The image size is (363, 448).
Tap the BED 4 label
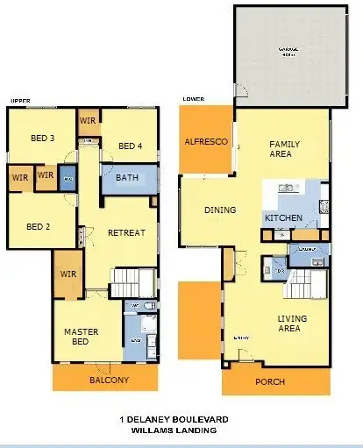click(130, 146)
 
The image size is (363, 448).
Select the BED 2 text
click(38, 225)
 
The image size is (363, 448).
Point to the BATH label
click(127, 178)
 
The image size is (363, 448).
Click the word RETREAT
click(126, 233)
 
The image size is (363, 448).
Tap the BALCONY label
click(110, 380)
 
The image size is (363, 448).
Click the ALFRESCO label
click(206, 142)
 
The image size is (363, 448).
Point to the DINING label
click(220, 210)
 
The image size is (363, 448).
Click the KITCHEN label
click(282, 217)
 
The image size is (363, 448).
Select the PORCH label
click(269, 382)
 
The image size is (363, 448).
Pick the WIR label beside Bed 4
click(88, 120)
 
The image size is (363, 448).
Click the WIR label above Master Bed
click(67, 274)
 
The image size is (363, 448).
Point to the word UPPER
click(18, 101)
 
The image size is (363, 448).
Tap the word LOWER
click(193, 99)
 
